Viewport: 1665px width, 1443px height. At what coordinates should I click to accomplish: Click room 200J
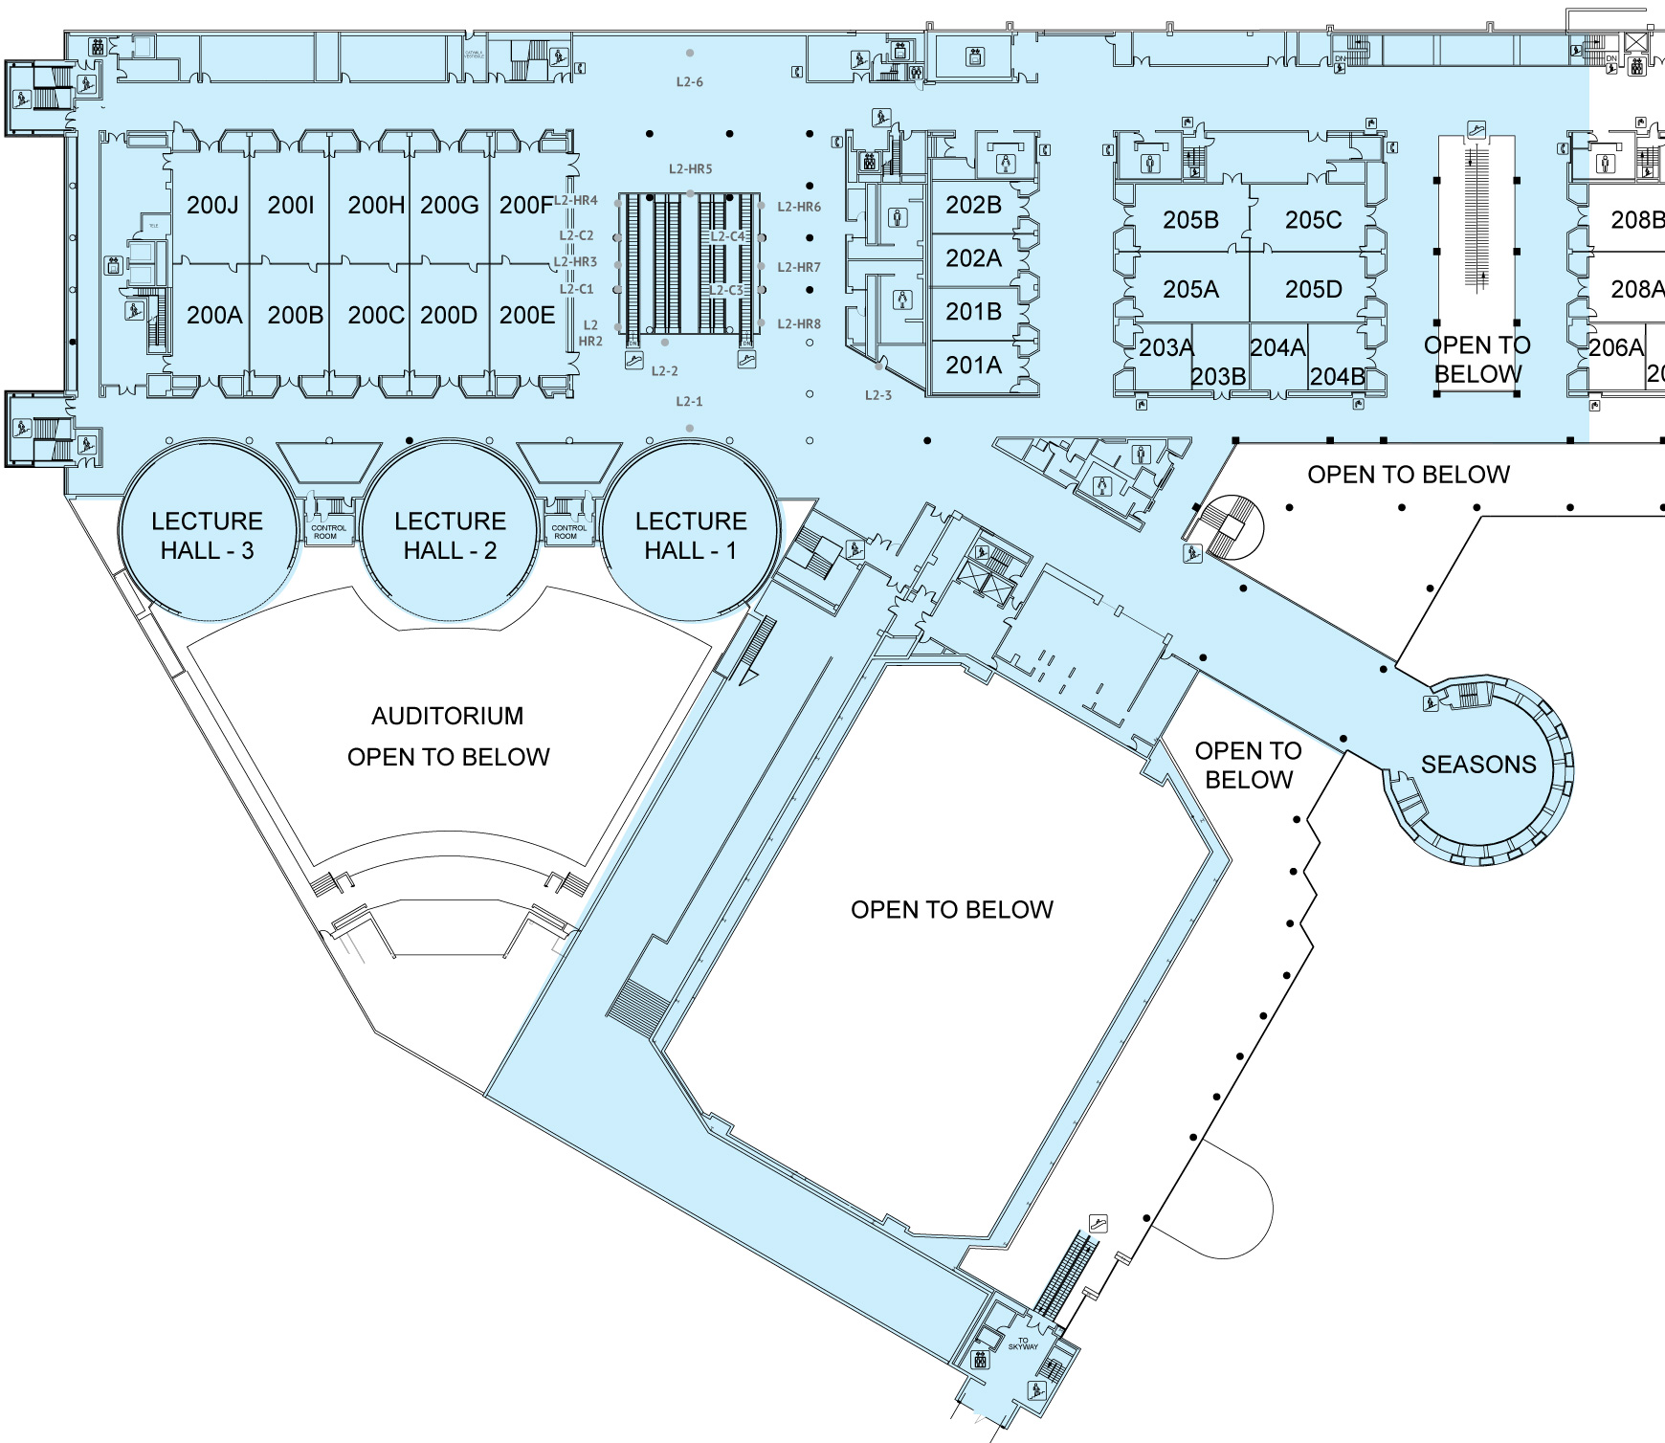pos(212,205)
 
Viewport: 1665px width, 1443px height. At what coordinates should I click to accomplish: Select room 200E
pos(527,315)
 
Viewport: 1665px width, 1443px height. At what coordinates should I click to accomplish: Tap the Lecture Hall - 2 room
pos(450,535)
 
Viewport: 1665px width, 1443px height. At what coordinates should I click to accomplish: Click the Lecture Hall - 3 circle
pos(207,535)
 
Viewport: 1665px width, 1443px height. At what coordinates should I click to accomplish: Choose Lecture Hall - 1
pos(691,535)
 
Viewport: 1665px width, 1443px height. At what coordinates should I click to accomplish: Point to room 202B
pos(973,205)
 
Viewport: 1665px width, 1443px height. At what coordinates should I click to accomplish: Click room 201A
pos(973,365)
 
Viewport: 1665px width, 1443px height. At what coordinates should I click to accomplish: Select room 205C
pos(1313,220)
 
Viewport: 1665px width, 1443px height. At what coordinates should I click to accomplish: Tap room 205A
pos(1190,289)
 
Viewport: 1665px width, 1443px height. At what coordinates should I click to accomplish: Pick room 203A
pos(1165,347)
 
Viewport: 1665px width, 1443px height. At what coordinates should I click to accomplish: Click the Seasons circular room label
pos(1477,765)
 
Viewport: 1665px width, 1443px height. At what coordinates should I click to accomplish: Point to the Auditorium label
pos(448,716)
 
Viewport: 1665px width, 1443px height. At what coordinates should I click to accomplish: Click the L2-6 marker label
pos(689,82)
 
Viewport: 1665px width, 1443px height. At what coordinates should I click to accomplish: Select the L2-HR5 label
pos(690,169)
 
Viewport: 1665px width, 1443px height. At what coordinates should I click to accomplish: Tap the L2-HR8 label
pos(798,324)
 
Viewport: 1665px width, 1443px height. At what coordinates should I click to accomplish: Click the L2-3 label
pos(877,395)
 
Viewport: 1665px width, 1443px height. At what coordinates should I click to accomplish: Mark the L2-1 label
pos(689,402)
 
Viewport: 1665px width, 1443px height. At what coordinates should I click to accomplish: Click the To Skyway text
pos(1022,1343)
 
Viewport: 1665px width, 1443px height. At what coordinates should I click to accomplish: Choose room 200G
pos(449,205)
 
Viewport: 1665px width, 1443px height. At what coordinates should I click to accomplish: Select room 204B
pos(1337,376)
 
